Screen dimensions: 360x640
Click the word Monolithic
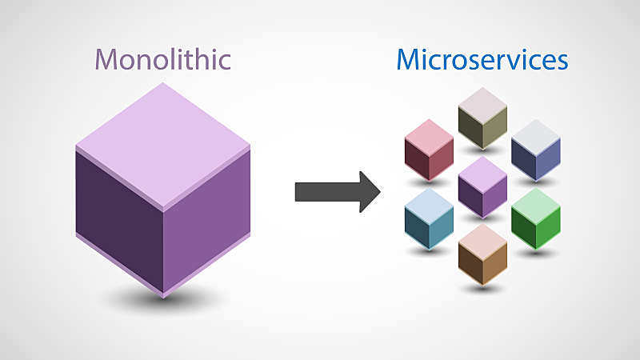click(162, 59)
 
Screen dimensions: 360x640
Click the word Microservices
click(482, 59)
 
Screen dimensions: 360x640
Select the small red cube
click(429, 151)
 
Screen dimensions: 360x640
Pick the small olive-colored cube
click(483, 119)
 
